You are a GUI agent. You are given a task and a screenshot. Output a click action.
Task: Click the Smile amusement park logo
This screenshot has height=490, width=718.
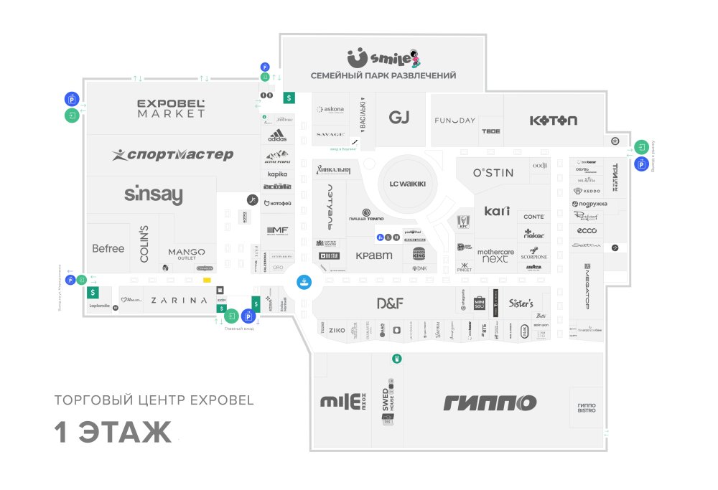pyautogui.click(x=382, y=57)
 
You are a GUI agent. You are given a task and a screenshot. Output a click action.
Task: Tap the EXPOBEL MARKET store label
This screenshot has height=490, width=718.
pyautogui.click(x=172, y=108)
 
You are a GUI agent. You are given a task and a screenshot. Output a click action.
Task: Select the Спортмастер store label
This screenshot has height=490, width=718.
pyautogui.click(x=173, y=154)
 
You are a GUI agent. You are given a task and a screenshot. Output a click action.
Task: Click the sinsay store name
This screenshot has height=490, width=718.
pyautogui.click(x=154, y=194)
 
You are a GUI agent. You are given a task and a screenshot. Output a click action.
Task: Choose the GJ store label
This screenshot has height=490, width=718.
pyautogui.click(x=398, y=118)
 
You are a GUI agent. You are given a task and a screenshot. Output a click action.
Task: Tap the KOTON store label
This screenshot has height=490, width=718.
pyautogui.click(x=553, y=121)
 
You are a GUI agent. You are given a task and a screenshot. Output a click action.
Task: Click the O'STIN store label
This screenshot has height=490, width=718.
pyautogui.click(x=493, y=173)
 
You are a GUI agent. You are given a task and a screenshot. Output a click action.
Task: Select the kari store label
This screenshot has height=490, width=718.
pyautogui.click(x=497, y=211)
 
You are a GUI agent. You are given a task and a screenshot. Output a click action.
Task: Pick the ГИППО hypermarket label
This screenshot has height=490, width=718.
pyautogui.click(x=490, y=402)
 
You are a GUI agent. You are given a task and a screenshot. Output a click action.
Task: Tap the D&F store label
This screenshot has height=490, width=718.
pyautogui.click(x=390, y=303)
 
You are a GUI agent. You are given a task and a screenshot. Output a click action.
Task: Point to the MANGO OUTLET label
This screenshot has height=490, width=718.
pyautogui.click(x=187, y=254)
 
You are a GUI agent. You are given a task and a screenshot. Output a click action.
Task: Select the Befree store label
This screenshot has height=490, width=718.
pyautogui.click(x=108, y=248)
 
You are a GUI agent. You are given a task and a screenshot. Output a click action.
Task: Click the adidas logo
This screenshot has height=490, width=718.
pyautogui.click(x=277, y=136)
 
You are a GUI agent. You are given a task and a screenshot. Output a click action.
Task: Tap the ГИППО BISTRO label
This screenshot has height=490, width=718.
pyautogui.click(x=587, y=407)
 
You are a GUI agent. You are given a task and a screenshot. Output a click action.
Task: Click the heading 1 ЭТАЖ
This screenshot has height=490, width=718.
pyautogui.click(x=113, y=433)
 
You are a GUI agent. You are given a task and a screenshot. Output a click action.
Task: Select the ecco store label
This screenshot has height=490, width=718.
pyautogui.click(x=587, y=230)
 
